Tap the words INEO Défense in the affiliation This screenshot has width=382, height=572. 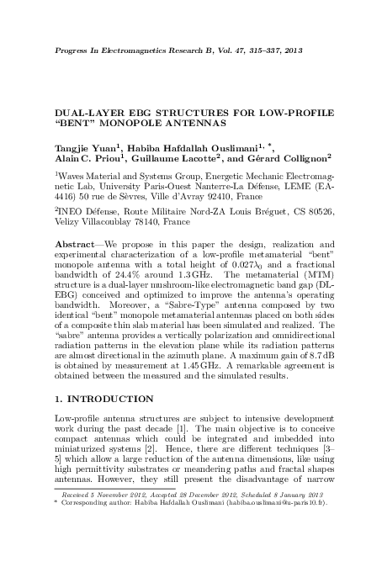[85, 212]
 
